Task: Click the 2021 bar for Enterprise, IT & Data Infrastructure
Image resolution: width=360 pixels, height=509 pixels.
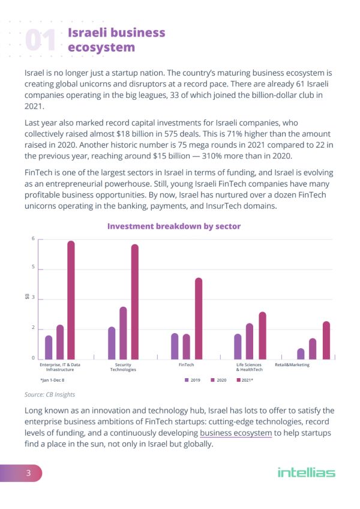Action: (71, 300)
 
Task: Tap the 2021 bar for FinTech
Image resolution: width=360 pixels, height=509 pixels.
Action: (199, 318)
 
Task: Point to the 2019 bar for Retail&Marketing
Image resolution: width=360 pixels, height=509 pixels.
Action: (301, 354)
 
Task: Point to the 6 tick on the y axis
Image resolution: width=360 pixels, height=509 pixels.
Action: (32, 239)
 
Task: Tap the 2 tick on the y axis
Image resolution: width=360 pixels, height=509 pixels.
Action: (32, 328)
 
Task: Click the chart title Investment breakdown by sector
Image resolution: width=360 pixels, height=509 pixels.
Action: (173, 226)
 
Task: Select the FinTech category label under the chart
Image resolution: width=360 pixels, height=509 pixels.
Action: (187, 365)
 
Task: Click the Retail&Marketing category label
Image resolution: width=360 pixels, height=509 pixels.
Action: (292, 365)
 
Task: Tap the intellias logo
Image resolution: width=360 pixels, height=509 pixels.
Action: (306, 473)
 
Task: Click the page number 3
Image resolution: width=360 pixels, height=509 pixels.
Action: (28, 473)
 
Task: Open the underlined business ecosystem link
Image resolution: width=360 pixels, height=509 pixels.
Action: (236, 433)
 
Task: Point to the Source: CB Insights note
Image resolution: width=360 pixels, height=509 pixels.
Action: (50, 394)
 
